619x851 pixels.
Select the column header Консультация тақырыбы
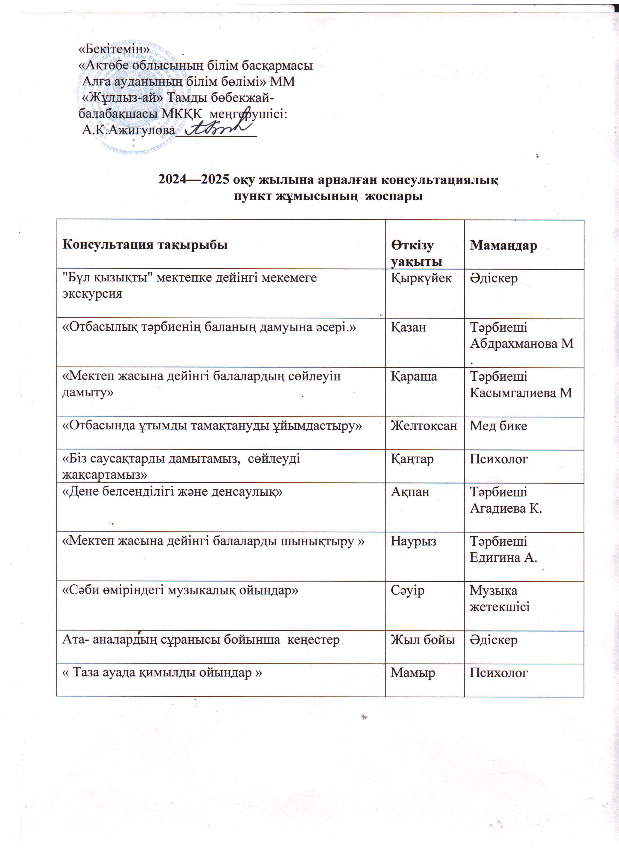[145, 245]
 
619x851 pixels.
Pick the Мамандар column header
[503, 245]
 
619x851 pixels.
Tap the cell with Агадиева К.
[506, 508]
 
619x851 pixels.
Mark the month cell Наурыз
[413, 541]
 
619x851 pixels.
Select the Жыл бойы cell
[423, 640]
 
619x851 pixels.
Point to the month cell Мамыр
[413, 673]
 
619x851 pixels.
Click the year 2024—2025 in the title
[194, 180]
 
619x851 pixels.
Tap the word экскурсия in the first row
[92, 294]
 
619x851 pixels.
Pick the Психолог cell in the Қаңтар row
[499, 459]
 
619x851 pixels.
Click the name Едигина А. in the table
[503, 557]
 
